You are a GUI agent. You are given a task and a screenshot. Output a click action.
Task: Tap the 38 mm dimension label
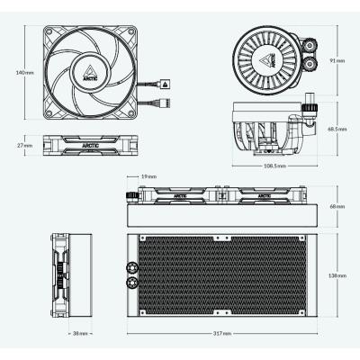click(80, 333)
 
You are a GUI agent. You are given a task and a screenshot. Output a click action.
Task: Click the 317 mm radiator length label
click(223, 333)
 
